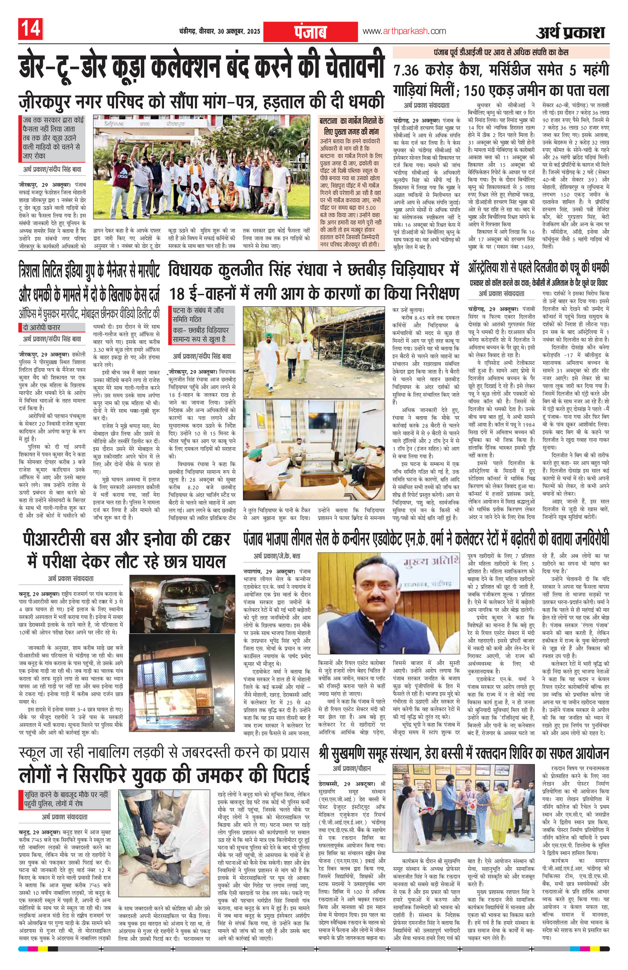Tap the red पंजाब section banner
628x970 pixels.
(310, 31)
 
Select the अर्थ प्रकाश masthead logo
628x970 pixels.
(570, 32)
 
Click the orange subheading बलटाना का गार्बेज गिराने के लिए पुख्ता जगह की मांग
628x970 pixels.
(351, 126)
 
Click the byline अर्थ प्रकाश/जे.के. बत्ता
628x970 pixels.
(277, 556)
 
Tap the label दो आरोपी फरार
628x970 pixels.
(42, 327)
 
